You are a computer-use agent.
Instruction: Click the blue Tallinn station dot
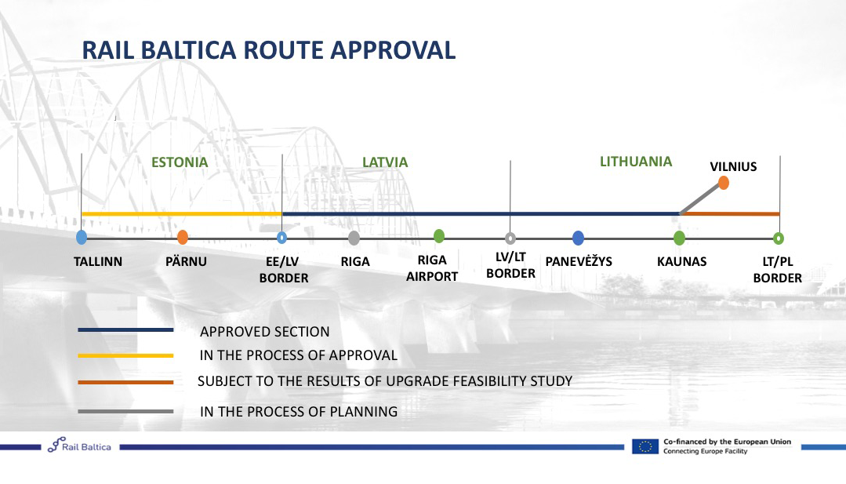click(82, 237)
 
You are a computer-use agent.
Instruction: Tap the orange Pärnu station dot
click(183, 237)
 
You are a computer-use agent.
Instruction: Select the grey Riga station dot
click(354, 238)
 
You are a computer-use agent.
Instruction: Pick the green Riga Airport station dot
click(439, 236)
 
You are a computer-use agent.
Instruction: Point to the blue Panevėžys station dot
click(578, 238)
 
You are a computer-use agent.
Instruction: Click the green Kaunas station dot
click(679, 238)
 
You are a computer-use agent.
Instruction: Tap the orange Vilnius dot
click(724, 183)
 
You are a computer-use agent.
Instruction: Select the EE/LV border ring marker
click(281, 238)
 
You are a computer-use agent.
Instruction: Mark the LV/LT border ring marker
click(510, 238)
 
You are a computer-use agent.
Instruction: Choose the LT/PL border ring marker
click(778, 238)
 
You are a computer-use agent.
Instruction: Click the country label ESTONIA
click(179, 162)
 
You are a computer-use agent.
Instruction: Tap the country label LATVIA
click(385, 162)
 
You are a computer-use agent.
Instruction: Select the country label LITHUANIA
click(636, 162)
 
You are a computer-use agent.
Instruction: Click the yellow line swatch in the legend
click(125, 355)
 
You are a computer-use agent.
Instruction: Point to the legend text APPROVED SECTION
click(264, 331)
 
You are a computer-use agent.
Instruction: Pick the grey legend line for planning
click(125, 411)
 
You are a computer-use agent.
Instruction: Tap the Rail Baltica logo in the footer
click(79, 445)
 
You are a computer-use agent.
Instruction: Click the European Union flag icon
click(645, 446)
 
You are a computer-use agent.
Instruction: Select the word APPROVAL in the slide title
click(393, 49)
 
